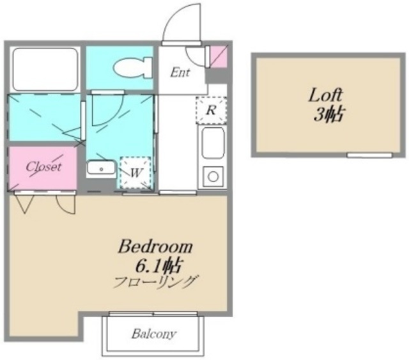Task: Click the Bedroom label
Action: [x=155, y=246]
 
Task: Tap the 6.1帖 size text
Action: [x=158, y=266]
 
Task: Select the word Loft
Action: [x=325, y=95]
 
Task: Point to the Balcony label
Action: [x=154, y=334]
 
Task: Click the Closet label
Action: [x=43, y=166]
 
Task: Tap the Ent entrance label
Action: [x=180, y=72]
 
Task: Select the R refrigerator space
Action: [x=211, y=110]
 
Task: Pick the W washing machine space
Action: [x=135, y=173]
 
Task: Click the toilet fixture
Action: [x=132, y=68]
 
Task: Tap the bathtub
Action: [x=45, y=70]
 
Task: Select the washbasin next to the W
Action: [x=101, y=168]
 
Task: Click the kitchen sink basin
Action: [x=213, y=143]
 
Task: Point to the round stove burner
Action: [x=213, y=176]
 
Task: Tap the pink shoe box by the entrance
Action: [x=219, y=57]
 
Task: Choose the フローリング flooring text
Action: [x=155, y=283]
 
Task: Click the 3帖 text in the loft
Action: [x=328, y=114]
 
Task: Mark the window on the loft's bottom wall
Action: [x=369, y=155]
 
